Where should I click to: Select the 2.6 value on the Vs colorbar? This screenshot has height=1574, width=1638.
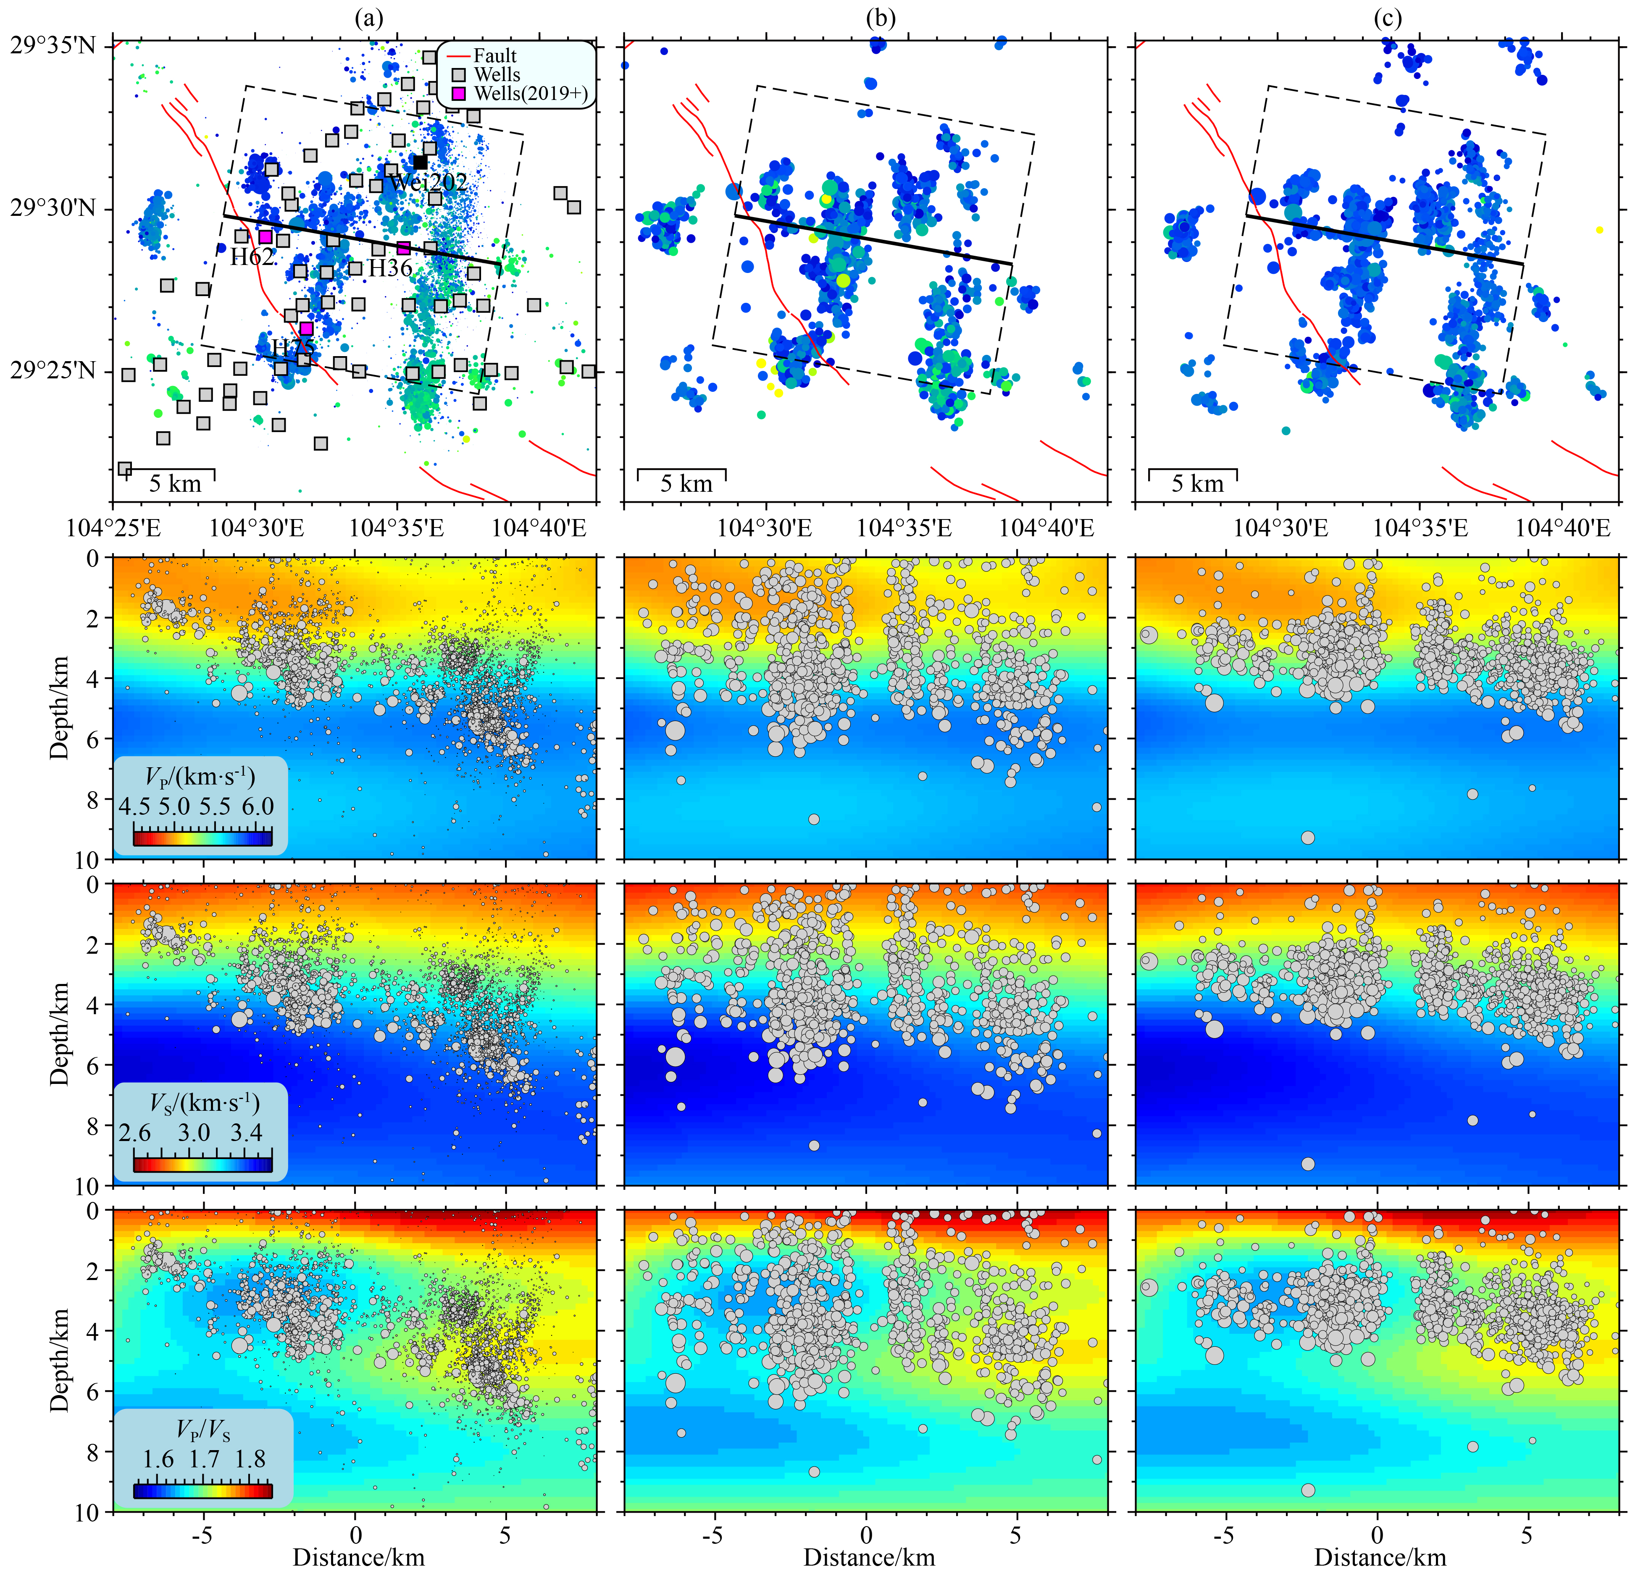pos(134,1133)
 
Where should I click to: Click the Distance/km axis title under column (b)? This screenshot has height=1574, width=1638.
pos(869,1557)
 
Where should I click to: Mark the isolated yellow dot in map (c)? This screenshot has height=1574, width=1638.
pos(1599,230)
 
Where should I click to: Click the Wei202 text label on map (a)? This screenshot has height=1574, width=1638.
pos(428,182)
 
